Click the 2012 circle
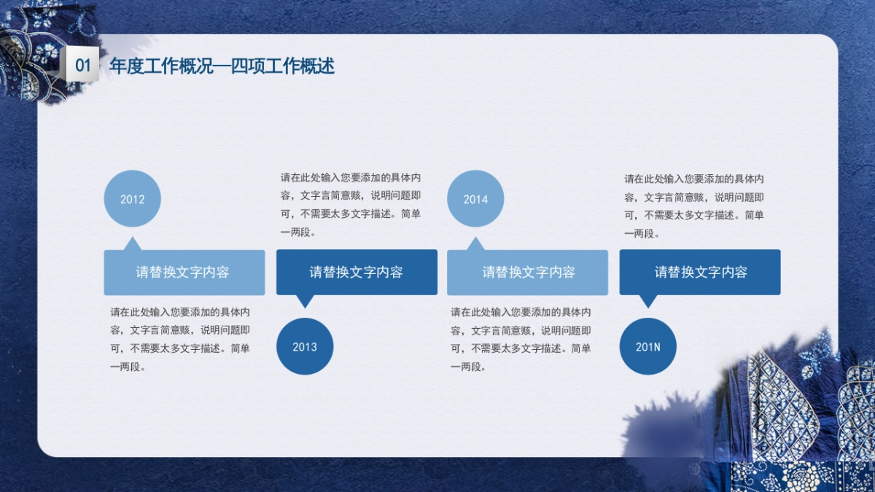point(133,198)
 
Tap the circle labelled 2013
point(305,346)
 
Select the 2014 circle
point(475,198)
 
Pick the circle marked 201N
point(648,346)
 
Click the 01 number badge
point(82,64)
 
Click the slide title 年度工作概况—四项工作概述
point(222,66)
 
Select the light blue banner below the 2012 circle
point(184,273)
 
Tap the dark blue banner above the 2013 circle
point(357,272)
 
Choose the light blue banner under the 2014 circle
point(527,273)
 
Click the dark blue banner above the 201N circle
point(700,272)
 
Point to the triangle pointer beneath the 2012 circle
point(133,244)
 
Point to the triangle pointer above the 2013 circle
point(305,301)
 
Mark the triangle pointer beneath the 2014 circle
point(475,244)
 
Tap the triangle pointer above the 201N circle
point(648,301)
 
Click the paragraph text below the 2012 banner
point(180,340)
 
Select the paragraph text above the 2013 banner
point(351,205)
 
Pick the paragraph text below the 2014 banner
point(521,340)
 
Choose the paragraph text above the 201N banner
point(694,206)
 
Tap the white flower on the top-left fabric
point(48,51)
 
